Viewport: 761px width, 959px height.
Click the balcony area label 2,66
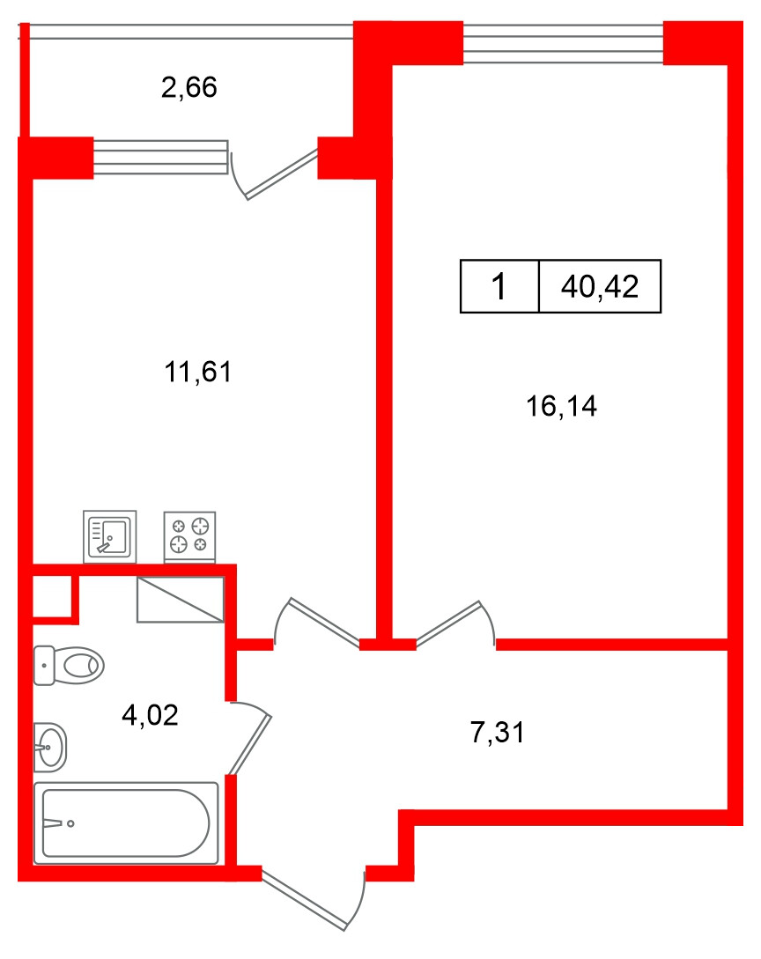coord(188,88)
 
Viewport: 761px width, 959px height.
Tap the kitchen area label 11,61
coord(197,372)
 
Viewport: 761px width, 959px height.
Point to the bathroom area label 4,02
coord(150,714)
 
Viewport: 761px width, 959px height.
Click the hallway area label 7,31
coord(498,732)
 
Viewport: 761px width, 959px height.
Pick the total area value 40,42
coord(599,286)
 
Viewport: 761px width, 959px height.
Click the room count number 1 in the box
coord(499,286)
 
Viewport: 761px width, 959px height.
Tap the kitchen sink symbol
coord(110,535)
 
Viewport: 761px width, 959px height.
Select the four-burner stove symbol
coord(189,535)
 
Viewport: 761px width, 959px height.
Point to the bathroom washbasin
coord(49,747)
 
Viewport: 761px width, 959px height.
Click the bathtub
coord(126,823)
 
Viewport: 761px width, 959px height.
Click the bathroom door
coord(251,740)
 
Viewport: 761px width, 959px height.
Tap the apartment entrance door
coord(313,898)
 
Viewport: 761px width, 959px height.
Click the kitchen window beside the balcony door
coord(161,158)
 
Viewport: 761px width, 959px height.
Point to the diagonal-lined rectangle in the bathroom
coord(181,600)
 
